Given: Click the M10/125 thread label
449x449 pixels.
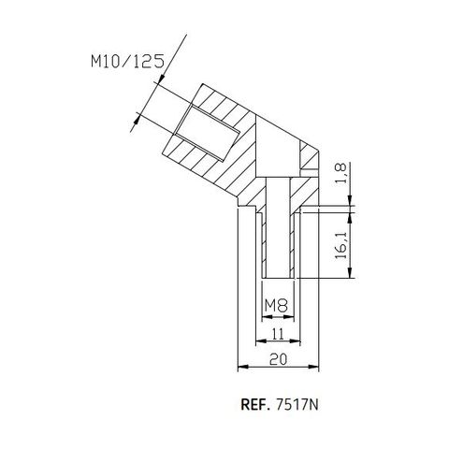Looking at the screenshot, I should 129,63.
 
